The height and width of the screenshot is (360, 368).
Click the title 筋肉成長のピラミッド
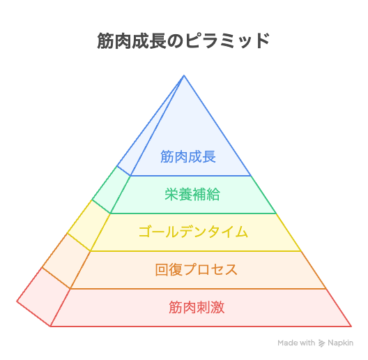tap(183, 41)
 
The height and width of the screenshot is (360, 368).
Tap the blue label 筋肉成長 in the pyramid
tap(188, 156)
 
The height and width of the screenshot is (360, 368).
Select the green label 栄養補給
tap(192, 195)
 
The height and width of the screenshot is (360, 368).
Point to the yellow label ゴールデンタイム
tap(193, 232)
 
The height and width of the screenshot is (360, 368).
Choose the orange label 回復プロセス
tap(197, 270)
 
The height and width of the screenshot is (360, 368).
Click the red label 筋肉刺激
tap(197, 307)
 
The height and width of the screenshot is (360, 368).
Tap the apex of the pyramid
tap(184, 75)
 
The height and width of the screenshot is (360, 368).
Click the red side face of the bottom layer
tap(44, 297)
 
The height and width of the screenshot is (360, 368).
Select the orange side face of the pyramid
tap(67, 261)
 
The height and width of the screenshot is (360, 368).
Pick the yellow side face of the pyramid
tap(89, 225)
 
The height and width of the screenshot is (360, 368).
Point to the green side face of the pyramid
tap(112, 190)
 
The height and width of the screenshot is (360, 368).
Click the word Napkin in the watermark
tap(340, 343)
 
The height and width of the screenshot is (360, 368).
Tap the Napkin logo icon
tap(321, 343)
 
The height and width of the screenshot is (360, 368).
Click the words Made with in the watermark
tap(296, 343)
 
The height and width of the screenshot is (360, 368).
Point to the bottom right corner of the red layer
tap(351, 327)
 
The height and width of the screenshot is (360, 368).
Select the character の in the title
tap(175, 41)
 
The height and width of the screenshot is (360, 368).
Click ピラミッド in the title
tap(227, 41)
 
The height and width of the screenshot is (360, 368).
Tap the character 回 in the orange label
tap(162, 270)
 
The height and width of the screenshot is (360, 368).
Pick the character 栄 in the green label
tap(171, 195)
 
